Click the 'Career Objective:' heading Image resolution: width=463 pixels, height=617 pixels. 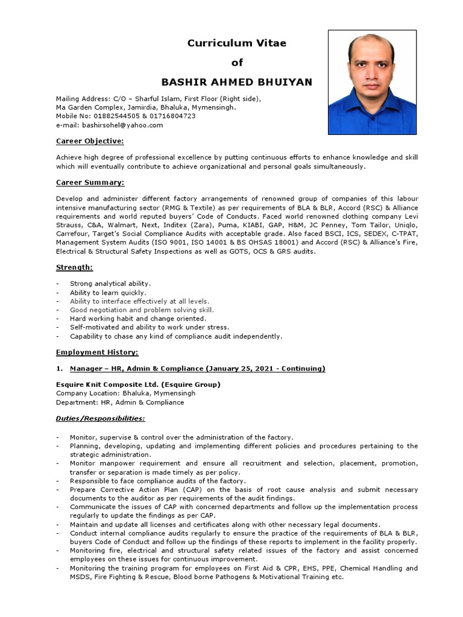coord(90,140)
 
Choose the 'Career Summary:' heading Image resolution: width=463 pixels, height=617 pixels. coord(90,182)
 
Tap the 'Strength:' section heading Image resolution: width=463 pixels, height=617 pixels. coord(74,267)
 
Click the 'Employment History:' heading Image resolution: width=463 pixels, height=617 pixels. coord(97,352)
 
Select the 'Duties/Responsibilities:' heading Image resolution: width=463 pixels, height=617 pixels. coord(100,418)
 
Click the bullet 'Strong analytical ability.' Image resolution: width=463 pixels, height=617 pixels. coord(110,283)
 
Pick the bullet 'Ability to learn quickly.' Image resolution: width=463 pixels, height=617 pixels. coord(108,292)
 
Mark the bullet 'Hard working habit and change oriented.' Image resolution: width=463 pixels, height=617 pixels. coord(138,318)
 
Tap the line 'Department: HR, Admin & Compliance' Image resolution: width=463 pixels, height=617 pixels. coord(120,402)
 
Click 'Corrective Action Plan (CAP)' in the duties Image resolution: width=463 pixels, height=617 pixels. coord(145,490)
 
